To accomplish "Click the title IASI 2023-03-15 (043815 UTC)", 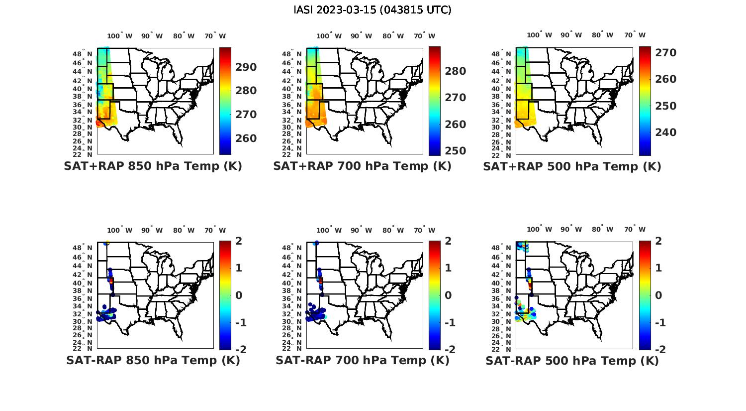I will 373,10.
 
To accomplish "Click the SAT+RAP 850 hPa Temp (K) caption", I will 153,166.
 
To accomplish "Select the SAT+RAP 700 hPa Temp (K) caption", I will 362,166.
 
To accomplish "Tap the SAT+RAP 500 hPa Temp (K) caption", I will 572,166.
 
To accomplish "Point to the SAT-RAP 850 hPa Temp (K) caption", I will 153,360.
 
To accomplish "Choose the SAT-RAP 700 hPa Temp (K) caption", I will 362,360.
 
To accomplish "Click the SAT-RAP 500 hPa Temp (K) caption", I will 572,360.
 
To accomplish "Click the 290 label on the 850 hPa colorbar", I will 246,67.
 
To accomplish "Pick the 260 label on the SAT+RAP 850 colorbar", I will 246,138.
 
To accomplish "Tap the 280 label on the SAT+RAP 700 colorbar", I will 455,71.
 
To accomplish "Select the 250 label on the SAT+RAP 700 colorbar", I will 455,151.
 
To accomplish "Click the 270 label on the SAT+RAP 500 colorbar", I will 665,53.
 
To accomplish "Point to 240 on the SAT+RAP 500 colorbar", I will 665,133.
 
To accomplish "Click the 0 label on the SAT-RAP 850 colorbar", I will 238,295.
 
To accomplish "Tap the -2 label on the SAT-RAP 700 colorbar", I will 446,349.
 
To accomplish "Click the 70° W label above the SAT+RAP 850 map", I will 215,36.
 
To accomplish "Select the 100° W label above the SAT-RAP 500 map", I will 539,230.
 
